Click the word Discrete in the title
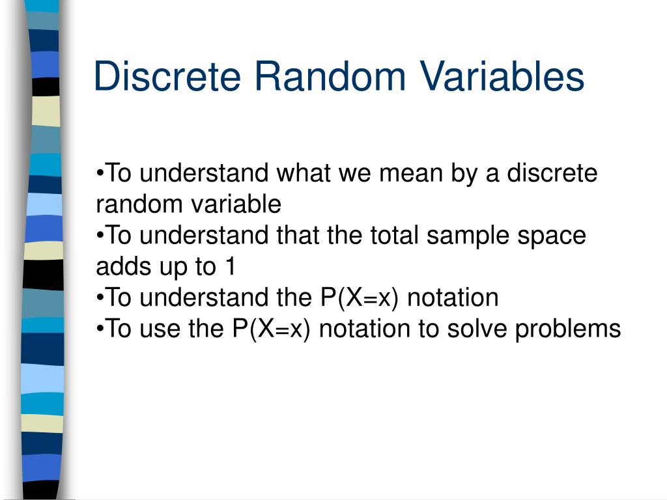169,77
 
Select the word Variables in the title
502,77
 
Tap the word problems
568,329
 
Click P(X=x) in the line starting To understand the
360,298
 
